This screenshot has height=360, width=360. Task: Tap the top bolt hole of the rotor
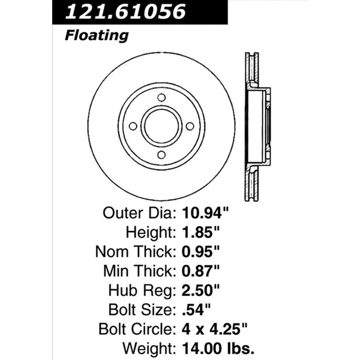[161, 98]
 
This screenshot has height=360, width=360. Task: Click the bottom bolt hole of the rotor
[161, 155]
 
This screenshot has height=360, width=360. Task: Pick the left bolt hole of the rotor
[133, 126]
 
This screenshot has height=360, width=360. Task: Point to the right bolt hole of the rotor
[190, 126]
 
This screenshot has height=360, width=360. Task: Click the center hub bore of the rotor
[161, 126]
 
